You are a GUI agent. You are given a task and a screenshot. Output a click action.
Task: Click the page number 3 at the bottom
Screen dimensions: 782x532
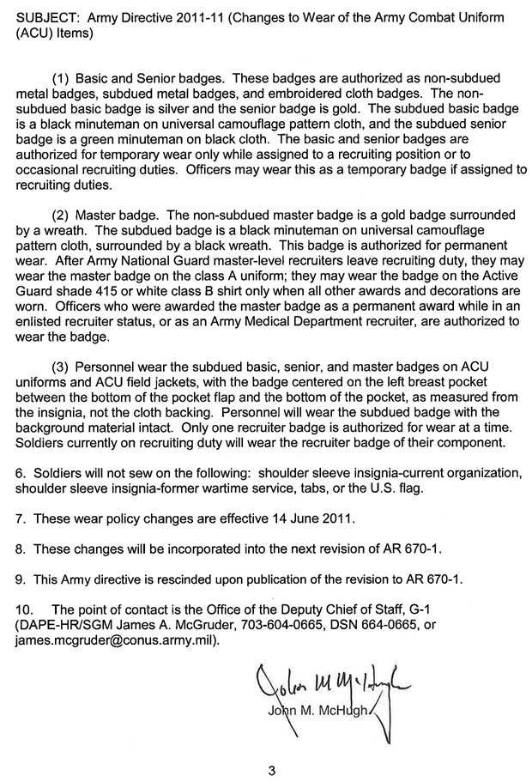[270, 769]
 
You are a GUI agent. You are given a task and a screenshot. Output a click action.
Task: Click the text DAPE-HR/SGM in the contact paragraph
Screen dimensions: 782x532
[53, 624]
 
